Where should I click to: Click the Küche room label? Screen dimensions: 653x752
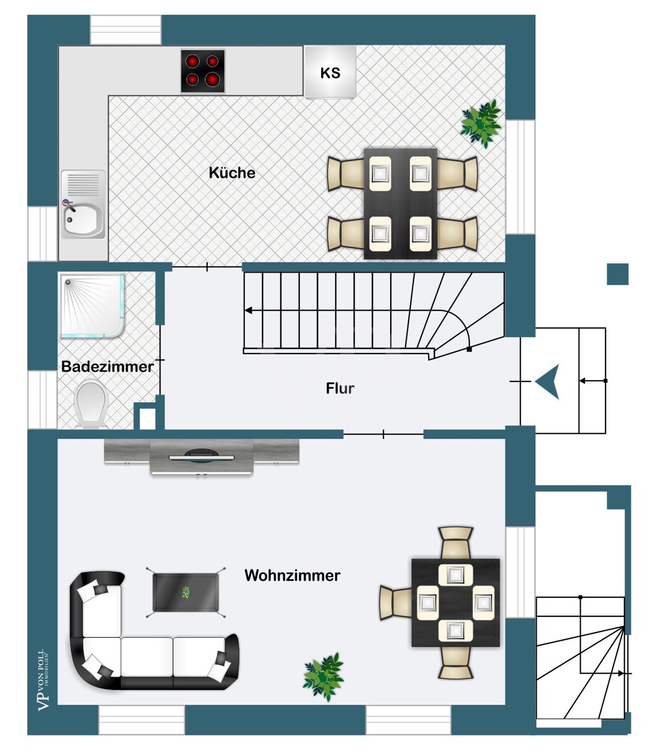[232, 173]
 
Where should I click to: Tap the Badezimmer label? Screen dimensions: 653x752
[107, 366]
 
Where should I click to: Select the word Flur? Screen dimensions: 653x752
[340, 388]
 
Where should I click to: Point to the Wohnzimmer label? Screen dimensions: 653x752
[293, 575]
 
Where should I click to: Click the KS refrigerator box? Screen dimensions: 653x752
[330, 72]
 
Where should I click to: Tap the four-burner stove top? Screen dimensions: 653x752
[203, 71]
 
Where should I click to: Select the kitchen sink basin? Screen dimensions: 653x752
[83, 219]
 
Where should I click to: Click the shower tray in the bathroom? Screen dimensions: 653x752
[92, 305]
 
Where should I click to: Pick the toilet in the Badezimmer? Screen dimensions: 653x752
[91, 404]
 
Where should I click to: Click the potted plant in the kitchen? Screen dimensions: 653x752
[481, 123]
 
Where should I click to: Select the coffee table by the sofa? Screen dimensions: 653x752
[186, 593]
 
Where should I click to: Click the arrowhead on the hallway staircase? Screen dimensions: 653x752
[248, 311]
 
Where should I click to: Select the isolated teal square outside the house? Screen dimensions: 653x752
[618, 274]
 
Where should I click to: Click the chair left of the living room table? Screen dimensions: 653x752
[396, 603]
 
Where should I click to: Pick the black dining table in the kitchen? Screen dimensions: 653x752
[400, 204]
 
